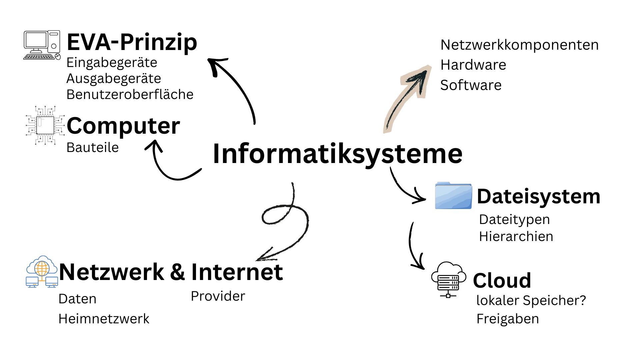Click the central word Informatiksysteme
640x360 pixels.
click(x=337, y=154)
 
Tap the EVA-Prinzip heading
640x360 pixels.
click(x=132, y=42)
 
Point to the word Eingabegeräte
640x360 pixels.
click(x=112, y=63)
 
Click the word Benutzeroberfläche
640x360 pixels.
click(x=130, y=95)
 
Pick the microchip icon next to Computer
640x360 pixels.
click(x=45, y=125)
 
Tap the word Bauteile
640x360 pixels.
click(x=92, y=147)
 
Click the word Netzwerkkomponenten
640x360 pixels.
click(x=519, y=45)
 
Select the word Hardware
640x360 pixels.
click(x=473, y=65)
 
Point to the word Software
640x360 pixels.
click(x=471, y=85)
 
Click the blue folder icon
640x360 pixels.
click(x=453, y=196)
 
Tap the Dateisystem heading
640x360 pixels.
click(x=538, y=196)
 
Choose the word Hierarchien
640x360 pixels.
click(x=516, y=237)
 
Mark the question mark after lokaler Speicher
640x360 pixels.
click(x=582, y=300)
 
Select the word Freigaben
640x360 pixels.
click(x=507, y=319)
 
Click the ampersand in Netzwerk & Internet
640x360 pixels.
click(x=177, y=272)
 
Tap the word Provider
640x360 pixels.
click(x=218, y=296)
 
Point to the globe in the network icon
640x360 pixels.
click(x=42, y=268)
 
